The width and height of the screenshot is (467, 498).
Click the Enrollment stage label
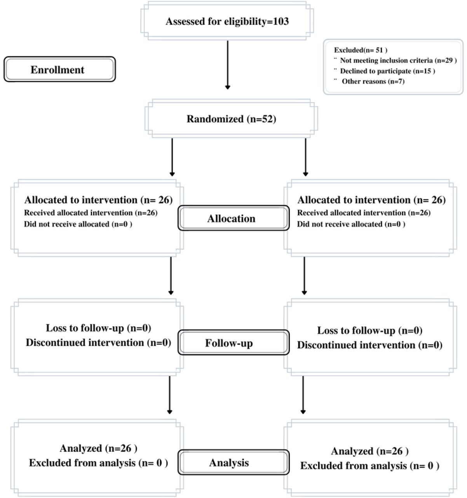pyautogui.click(x=58, y=70)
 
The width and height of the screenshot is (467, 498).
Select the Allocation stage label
pyautogui.click(x=231, y=219)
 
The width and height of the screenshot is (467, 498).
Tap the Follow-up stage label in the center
pyautogui.click(x=229, y=343)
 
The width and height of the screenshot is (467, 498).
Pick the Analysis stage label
pyautogui.click(x=229, y=463)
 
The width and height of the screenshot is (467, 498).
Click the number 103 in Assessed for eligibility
pyautogui.click(x=281, y=21)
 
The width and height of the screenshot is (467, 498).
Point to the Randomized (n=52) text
pyautogui.click(x=231, y=119)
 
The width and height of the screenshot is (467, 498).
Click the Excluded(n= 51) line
pyautogui.click(x=361, y=50)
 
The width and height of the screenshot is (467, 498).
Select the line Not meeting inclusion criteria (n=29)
pyautogui.click(x=398, y=60)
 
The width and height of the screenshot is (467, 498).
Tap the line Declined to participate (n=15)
pyautogui.click(x=387, y=71)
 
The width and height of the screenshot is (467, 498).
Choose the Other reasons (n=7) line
pyautogui.click(x=373, y=81)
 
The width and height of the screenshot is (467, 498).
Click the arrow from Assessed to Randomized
pyautogui.click(x=228, y=65)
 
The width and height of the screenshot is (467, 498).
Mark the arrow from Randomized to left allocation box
pyautogui.click(x=172, y=157)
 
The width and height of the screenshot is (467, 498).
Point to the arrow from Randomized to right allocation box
pyautogui.click(x=305, y=157)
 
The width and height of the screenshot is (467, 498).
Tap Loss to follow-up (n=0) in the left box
pyautogui.click(x=98, y=328)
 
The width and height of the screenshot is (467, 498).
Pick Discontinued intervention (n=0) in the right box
pyautogui.click(x=369, y=345)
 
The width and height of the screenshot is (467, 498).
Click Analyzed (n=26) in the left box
pyautogui.click(x=98, y=448)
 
